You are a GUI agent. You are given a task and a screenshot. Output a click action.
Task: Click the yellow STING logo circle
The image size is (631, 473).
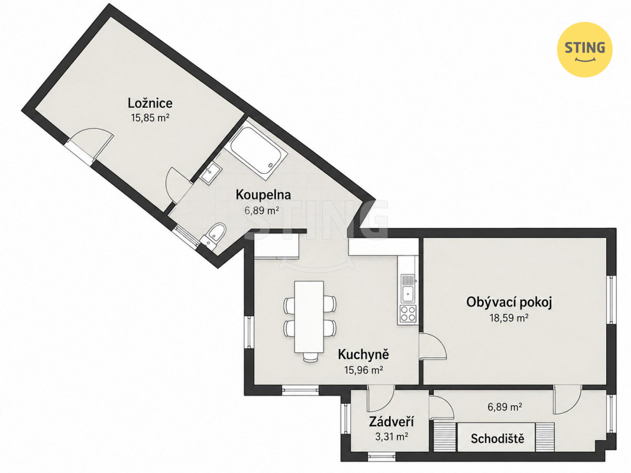point(584,50)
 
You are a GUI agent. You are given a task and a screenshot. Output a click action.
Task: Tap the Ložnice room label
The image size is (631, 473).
point(150,103)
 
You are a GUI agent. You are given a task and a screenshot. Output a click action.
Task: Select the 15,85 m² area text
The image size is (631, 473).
point(150,118)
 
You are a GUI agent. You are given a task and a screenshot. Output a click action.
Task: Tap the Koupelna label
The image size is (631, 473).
point(263,195)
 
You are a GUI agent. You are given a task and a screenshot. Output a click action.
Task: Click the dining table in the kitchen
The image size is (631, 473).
point(309,316)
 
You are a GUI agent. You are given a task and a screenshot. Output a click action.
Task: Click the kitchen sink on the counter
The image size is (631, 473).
point(408,288)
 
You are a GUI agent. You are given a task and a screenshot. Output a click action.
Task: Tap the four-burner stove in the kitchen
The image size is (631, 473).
point(407,314)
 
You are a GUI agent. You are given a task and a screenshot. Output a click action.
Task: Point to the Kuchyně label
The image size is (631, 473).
point(363,354)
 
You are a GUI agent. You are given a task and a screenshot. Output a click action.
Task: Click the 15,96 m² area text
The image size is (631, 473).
point(363,370)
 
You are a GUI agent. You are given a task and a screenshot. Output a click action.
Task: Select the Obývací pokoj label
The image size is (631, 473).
point(509,302)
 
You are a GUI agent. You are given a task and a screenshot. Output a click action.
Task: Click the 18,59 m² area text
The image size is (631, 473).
point(509,318)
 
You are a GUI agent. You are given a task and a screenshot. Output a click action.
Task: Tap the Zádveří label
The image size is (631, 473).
point(391,422)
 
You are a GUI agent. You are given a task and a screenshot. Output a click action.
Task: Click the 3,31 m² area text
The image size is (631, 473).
point(391,436)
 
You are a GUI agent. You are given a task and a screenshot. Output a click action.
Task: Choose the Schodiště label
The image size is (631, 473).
point(497,438)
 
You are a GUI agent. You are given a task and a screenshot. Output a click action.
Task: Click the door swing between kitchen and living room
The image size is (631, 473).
point(433,346)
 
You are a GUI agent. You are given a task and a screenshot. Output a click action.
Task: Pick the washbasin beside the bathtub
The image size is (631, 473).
point(211,174)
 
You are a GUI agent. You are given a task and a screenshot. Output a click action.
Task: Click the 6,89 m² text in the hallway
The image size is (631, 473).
point(504,407)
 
